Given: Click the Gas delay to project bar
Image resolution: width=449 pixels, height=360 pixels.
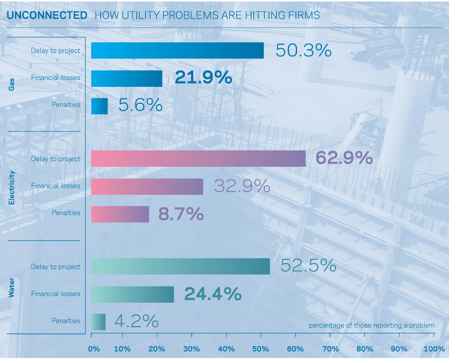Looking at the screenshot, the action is pyautogui.click(x=177, y=50).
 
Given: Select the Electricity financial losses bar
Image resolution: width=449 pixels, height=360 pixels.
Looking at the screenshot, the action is pyautogui.click(x=147, y=187).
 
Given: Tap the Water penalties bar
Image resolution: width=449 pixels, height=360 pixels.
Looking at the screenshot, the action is pyautogui.click(x=98, y=322).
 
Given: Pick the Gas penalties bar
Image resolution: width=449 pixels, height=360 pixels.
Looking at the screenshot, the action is pyautogui.click(x=100, y=106).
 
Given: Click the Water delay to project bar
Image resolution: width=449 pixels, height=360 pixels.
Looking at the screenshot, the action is pyautogui.click(x=181, y=266).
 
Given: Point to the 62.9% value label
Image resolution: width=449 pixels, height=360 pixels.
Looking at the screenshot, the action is pyautogui.click(x=344, y=158).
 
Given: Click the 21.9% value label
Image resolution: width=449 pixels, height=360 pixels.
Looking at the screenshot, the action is pyautogui.click(x=203, y=77).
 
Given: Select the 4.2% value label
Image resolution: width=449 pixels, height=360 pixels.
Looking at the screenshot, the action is pyautogui.click(x=137, y=321).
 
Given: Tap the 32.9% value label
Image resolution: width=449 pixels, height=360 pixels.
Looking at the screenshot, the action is pyautogui.click(x=243, y=186).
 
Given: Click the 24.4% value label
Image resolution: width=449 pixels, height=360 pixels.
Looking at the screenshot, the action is pyautogui.click(x=213, y=294).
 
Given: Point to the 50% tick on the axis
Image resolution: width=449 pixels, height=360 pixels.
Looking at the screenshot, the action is pyautogui.click(x=261, y=335).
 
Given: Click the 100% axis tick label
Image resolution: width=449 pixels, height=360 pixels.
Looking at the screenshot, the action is pyautogui.click(x=434, y=349).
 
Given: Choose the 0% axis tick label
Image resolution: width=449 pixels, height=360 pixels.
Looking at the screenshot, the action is pyautogui.click(x=94, y=349).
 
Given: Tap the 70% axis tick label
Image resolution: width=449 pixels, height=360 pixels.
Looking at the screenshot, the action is pyautogui.click(x=330, y=349).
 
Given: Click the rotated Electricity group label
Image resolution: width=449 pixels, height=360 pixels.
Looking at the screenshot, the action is pyautogui.click(x=12, y=187).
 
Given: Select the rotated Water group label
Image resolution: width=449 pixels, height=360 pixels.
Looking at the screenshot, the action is pyautogui.click(x=12, y=287).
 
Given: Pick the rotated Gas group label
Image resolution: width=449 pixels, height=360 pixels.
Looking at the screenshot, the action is pyautogui.click(x=12, y=85).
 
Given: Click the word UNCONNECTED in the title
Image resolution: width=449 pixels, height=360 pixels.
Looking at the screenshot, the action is pyautogui.click(x=47, y=15).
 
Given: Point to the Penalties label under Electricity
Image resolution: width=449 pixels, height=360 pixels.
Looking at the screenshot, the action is pyautogui.click(x=66, y=212).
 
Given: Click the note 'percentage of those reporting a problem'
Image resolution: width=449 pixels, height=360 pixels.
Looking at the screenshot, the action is pyautogui.click(x=371, y=326).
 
